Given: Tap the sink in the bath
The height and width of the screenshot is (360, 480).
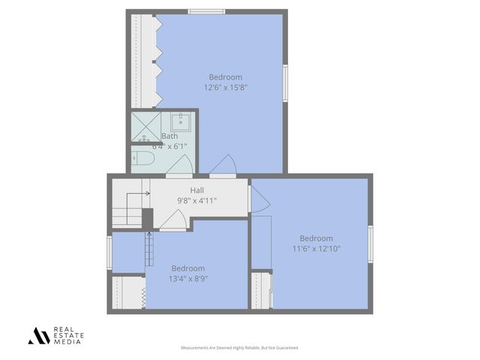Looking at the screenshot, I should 182,123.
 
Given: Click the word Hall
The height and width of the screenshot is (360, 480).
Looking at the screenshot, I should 197,190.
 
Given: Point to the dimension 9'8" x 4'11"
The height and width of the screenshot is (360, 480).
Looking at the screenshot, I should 197,201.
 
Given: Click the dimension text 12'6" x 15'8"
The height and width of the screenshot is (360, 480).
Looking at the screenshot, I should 226,88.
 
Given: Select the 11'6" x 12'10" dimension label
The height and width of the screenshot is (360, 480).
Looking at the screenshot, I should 316,248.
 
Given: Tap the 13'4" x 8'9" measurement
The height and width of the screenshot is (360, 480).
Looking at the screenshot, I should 188,278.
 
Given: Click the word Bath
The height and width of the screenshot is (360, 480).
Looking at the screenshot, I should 170,136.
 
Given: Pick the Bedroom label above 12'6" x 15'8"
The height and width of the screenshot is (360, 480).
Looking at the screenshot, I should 226,77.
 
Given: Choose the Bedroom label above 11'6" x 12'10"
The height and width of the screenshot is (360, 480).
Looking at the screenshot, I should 316,238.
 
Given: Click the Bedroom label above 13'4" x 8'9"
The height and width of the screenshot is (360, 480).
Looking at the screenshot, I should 188,268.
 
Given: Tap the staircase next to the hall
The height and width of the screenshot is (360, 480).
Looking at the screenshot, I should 127,209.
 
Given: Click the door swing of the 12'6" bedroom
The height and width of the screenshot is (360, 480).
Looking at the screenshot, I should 224,166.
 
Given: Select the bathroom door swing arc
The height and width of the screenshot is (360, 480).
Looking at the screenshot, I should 178,167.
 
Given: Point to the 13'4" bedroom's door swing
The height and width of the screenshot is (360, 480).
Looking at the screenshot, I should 175,219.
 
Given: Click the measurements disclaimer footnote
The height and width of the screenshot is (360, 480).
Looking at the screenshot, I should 240,348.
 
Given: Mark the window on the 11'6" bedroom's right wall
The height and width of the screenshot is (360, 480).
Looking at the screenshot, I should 370,244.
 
